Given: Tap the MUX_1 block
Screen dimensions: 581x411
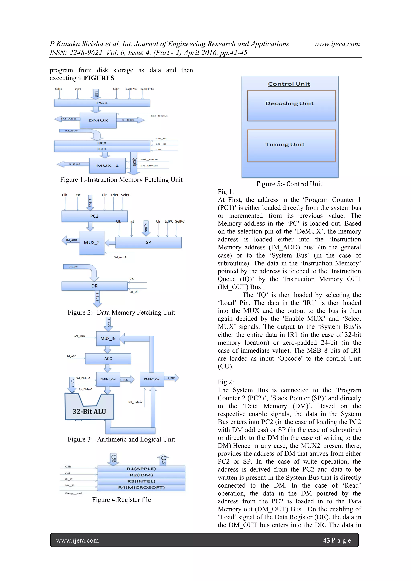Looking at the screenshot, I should click(107, 166).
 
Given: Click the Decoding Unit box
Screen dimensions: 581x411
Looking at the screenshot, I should click(291, 105).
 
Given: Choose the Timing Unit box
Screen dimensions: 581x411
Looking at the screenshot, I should click(291, 146).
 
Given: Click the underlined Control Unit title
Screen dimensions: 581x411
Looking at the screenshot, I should click(289, 84).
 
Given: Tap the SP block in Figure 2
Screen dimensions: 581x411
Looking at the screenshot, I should click(148, 242).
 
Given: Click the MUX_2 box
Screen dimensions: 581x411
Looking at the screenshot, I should click(92, 243).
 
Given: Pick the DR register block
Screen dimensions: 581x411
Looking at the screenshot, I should click(95, 286).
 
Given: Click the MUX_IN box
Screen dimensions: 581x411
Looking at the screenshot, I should click(108, 339).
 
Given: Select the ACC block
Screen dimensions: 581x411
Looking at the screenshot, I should click(108, 359).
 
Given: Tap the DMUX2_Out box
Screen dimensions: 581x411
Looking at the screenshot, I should click(152, 379).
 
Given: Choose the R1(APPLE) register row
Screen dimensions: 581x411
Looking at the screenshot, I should click(141, 469).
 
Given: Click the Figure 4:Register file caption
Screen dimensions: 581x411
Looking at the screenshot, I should click(121, 500).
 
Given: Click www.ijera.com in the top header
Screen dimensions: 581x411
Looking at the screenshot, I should click(337, 44).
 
